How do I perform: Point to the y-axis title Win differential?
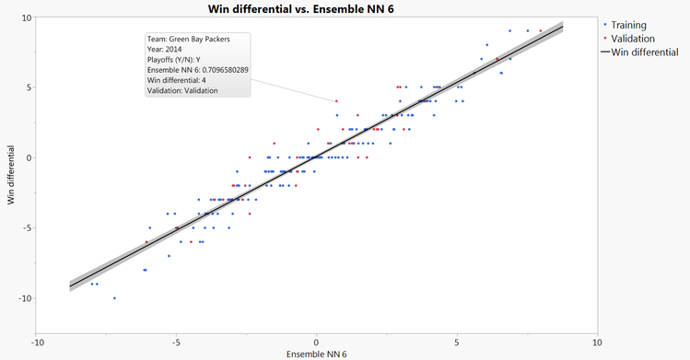pyautogui.click(x=12, y=174)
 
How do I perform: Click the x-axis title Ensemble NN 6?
pyautogui.click(x=316, y=354)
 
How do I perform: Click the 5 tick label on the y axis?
pyautogui.click(x=29, y=87)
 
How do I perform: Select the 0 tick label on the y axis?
pyautogui.click(x=29, y=157)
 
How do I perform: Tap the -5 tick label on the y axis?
pyautogui.click(x=27, y=228)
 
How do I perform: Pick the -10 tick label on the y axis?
pyautogui.click(x=24, y=298)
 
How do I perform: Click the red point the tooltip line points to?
pyautogui.click(x=336, y=101)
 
